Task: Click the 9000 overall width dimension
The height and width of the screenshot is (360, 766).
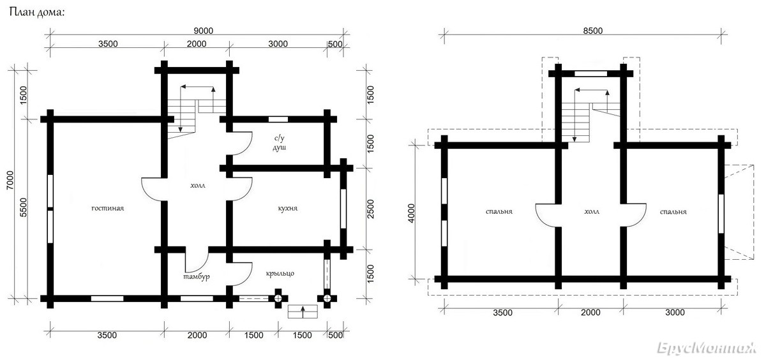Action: click(x=204, y=31)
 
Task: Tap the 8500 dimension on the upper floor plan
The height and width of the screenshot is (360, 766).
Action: click(x=593, y=31)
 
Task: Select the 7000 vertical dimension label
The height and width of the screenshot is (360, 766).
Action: click(x=10, y=180)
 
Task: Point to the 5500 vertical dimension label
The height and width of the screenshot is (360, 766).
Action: click(x=23, y=207)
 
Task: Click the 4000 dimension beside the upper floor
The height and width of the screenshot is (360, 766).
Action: click(x=411, y=213)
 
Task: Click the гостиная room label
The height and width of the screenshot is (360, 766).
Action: click(x=108, y=208)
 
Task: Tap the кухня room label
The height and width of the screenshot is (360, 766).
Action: click(x=288, y=208)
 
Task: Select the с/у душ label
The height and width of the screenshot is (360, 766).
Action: click(x=280, y=143)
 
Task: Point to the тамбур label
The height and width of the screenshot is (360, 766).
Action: click(x=197, y=276)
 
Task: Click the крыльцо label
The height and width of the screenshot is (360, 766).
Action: click(x=280, y=273)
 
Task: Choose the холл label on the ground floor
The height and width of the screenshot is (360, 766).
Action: click(x=198, y=186)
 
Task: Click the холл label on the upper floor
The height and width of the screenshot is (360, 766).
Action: click(x=592, y=212)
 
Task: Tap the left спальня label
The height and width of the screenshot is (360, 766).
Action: click(x=499, y=212)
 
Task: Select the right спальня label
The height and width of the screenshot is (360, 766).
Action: click(x=673, y=212)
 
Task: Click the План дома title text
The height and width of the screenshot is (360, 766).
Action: click(x=37, y=13)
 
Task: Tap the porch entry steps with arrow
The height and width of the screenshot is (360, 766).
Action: click(x=303, y=311)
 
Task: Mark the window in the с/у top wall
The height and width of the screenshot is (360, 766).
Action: click(x=278, y=119)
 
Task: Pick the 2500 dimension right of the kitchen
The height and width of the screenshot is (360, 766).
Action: click(x=370, y=209)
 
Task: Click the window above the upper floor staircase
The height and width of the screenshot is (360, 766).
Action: click(x=590, y=73)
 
